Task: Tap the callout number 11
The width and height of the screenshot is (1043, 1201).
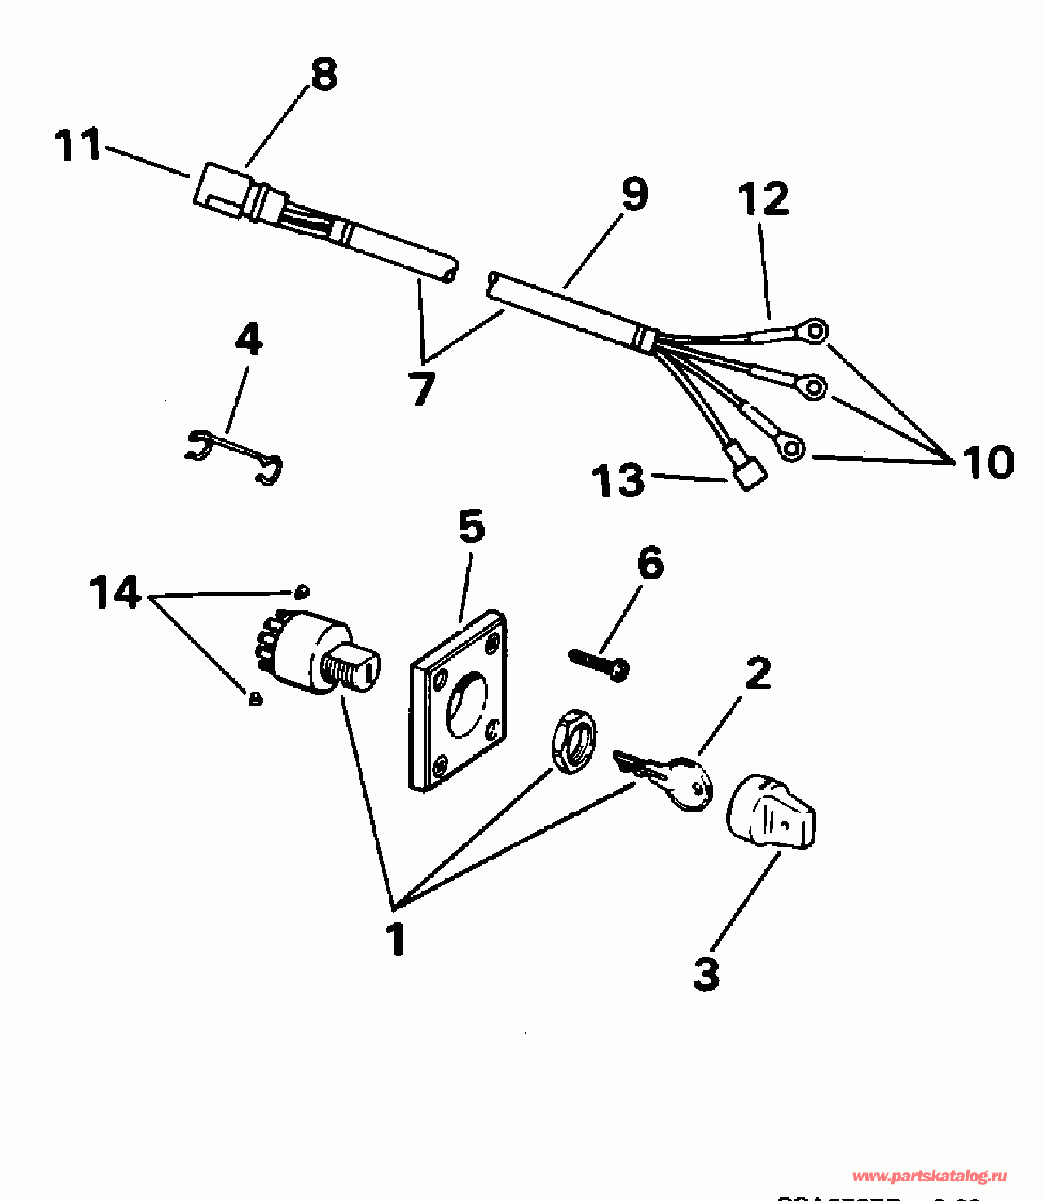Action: click(77, 145)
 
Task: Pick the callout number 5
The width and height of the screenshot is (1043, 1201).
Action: click(471, 527)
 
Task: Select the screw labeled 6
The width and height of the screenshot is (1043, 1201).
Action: click(601, 662)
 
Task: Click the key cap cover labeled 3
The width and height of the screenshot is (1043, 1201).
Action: click(770, 813)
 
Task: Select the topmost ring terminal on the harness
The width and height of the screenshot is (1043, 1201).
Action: click(814, 331)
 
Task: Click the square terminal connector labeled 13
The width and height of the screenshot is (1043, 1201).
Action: click(748, 473)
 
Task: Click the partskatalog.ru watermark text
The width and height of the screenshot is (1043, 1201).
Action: click(929, 1177)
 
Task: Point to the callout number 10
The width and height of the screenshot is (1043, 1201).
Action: click(988, 462)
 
